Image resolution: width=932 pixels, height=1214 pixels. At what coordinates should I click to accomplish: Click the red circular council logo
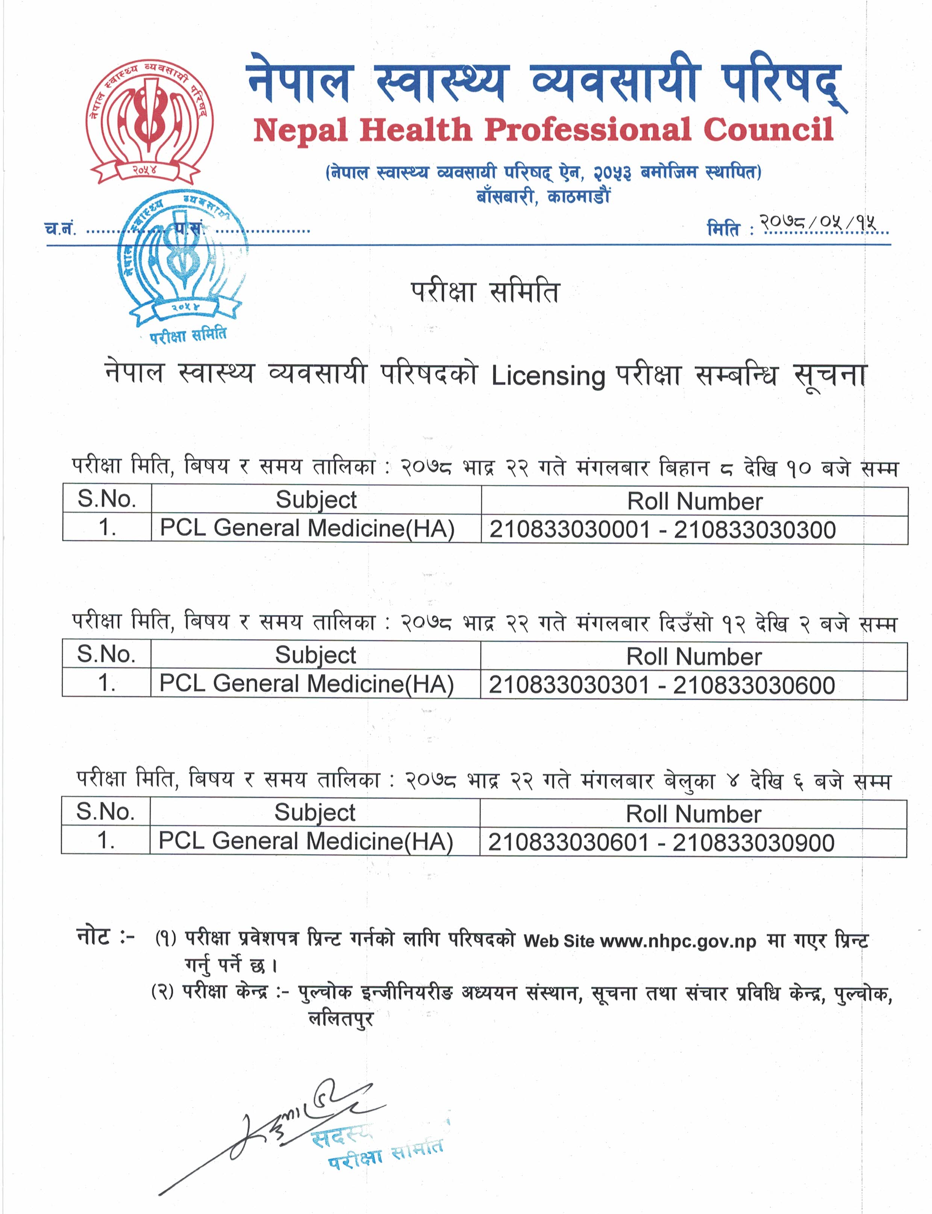pyautogui.click(x=149, y=121)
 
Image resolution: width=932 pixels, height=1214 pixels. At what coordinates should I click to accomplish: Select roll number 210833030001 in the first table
pyautogui.click(x=569, y=529)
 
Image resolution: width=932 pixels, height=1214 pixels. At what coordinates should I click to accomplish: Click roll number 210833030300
pyautogui.click(x=755, y=529)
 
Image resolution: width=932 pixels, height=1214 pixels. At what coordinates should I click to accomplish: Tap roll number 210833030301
pyautogui.click(x=568, y=685)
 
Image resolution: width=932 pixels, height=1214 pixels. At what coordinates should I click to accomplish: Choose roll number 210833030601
pyautogui.click(x=568, y=842)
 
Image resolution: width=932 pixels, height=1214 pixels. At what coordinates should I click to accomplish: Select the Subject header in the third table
pyautogui.click(x=315, y=813)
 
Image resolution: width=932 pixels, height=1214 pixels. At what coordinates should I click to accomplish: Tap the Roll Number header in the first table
pyautogui.click(x=694, y=502)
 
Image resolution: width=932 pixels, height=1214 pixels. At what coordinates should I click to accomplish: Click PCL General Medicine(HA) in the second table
pyautogui.click(x=306, y=684)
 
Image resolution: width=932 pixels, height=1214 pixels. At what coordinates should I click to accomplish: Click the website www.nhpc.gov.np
pyautogui.click(x=678, y=941)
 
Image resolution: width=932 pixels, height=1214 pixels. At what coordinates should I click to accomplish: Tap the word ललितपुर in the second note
pyautogui.click(x=341, y=1019)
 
